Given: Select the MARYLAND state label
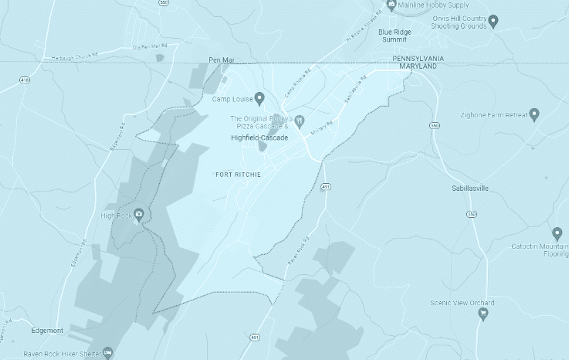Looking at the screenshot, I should (x=418, y=67).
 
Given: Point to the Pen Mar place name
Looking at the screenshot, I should (x=221, y=59).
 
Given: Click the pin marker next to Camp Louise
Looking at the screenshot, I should (x=259, y=98).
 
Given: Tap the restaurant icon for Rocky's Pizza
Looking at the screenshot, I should (x=299, y=121).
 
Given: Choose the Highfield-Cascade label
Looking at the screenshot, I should (x=259, y=138).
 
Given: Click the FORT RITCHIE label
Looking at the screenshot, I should (x=238, y=175).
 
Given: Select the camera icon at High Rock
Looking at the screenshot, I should (x=139, y=215).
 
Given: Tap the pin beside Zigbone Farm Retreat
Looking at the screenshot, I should (x=534, y=114).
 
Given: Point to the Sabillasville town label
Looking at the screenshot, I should (x=470, y=188).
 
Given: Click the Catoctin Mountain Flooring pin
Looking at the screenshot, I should (x=558, y=233).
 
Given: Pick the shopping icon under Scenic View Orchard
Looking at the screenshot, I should (x=484, y=314).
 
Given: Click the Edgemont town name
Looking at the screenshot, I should (x=48, y=330).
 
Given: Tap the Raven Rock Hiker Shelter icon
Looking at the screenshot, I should (x=108, y=353).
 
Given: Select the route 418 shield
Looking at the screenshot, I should (x=25, y=80).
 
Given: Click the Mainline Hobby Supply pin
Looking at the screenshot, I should (x=391, y=5).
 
